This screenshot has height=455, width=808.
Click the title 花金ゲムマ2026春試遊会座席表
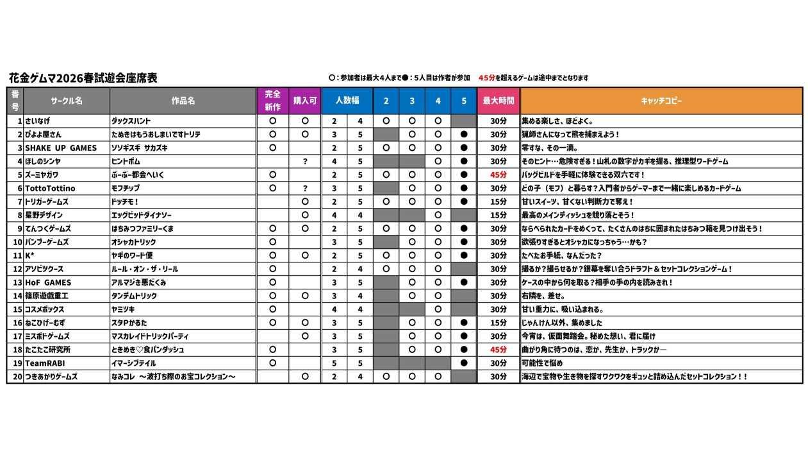83,78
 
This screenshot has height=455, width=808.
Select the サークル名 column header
67,101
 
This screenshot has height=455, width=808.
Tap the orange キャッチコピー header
661,101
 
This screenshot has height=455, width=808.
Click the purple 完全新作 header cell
272,101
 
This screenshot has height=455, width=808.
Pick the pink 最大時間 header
498,101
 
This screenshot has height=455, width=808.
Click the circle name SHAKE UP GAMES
61,148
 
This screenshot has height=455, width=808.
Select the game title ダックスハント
131,121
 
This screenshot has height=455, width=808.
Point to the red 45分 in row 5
498,175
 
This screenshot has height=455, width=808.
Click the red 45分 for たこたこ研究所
498,350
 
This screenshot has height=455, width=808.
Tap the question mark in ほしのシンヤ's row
305,161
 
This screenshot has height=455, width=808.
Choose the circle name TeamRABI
45,363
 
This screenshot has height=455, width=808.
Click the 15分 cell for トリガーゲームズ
498,202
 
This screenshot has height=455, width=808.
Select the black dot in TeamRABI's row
463,363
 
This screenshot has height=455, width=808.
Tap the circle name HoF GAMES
48,282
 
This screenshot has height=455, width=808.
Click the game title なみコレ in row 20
174,377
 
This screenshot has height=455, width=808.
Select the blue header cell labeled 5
463,101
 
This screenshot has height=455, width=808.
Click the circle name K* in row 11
29,255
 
